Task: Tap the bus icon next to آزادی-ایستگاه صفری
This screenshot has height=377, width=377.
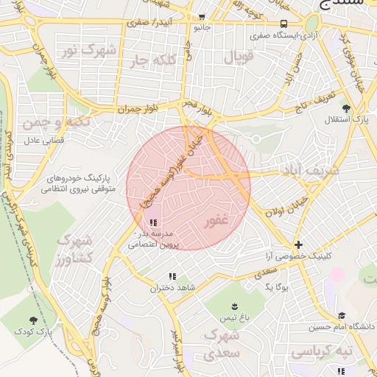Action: (284, 24)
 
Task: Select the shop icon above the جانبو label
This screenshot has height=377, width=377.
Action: (202, 17)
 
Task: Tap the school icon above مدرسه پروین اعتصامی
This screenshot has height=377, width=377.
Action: (152, 222)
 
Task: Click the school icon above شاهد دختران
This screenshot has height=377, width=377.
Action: (172, 277)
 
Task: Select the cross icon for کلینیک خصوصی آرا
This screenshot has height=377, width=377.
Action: (297, 244)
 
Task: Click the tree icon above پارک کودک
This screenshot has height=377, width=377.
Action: (33, 320)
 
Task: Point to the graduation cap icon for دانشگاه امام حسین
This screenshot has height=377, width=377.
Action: (341, 315)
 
